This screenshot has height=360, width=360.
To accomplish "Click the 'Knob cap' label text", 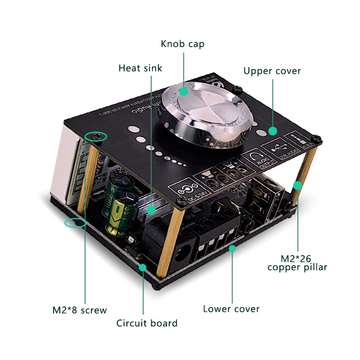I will pos(182,44).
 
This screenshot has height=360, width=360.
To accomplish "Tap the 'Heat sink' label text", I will pos(140,68).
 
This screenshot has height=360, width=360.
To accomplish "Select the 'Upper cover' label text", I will pos(272,71).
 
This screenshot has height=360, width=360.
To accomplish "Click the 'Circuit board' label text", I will pos(147,323).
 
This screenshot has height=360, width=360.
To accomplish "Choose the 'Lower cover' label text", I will pos(231,309).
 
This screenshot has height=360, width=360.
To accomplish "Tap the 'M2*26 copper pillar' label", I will pos(297,262).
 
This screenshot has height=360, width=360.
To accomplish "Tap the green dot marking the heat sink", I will pos(153,210).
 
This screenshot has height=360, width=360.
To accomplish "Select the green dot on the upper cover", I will pos(272,131).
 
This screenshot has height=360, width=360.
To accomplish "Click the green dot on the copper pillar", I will pos(297,184).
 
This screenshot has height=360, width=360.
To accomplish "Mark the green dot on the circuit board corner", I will pos(143,267).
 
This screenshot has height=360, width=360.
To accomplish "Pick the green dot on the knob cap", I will pos(184,91).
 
